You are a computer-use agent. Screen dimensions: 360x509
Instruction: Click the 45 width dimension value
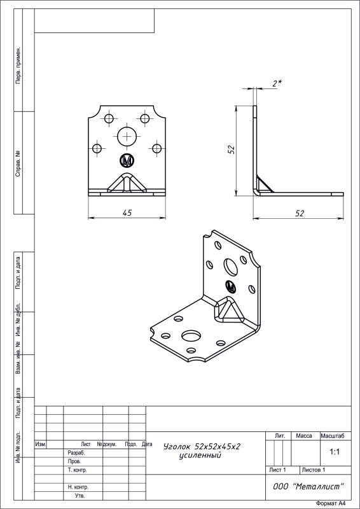coord(127,213)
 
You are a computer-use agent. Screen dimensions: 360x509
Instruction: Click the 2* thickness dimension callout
coord(277,83)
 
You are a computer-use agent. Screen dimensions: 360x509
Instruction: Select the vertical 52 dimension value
coord(232,150)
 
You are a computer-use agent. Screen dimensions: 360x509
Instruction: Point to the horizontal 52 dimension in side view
coord(300,213)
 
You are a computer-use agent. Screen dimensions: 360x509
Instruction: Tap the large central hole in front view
coord(127,136)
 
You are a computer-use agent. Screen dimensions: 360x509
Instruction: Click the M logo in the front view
coord(127,160)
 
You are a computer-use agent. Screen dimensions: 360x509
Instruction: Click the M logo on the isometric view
coord(230,286)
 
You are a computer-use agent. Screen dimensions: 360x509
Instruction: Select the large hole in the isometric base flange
coord(191,336)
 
